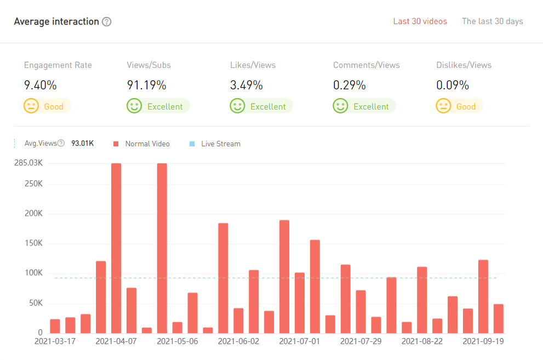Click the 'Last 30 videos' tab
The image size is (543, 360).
point(420,21)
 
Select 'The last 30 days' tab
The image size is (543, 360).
point(492,21)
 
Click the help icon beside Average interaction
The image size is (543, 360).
point(107,22)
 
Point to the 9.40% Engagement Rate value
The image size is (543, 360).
point(40,85)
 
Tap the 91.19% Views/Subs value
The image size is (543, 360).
point(146,85)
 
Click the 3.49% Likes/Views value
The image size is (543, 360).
point(246,85)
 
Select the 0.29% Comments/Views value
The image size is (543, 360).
point(349,85)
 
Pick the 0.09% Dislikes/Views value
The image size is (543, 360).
point(453,85)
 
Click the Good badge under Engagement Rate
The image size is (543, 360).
point(47,106)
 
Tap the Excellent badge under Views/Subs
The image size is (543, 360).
point(158,106)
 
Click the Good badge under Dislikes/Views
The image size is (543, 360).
point(459,106)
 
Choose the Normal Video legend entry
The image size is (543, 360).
point(142,144)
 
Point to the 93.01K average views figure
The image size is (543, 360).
point(82,144)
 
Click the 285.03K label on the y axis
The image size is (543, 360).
point(28,163)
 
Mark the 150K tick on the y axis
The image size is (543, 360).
point(33,243)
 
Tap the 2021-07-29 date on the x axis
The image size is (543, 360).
point(361,341)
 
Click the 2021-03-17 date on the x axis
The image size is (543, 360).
point(55,341)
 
